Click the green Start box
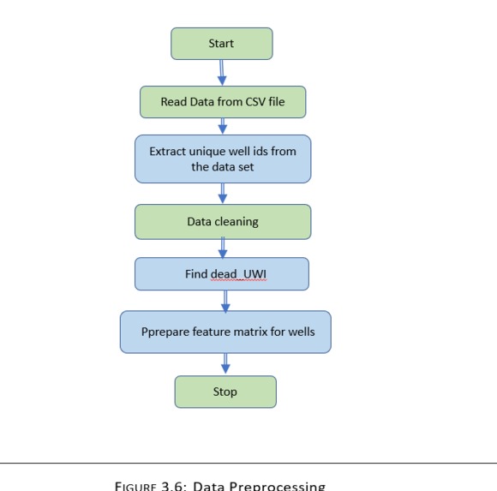(x=221, y=44)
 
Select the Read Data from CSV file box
(x=223, y=102)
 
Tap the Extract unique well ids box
(x=223, y=159)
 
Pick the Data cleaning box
(x=223, y=222)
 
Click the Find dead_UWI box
(x=222, y=274)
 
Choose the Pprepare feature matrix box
(x=225, y=332)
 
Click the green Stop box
(x=225, y=392)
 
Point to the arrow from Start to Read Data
(x=222, y=73)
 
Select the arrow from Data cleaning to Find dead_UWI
(x=223, y=248)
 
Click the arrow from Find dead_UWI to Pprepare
(x=225, y=300)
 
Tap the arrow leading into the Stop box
(x=225, y=364)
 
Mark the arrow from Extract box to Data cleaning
(x=223, y=194)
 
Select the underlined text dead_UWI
(x=239, y=275)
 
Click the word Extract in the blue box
(x=169, y=151)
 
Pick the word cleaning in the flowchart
(x=237, y=222)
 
